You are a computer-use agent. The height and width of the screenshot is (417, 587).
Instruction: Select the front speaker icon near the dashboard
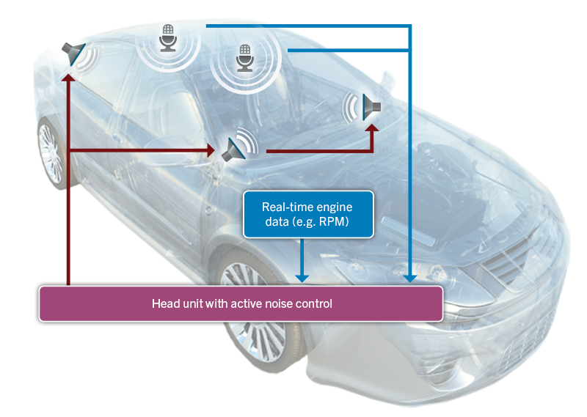(371, 108)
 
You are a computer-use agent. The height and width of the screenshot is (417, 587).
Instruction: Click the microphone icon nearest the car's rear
(169, 37)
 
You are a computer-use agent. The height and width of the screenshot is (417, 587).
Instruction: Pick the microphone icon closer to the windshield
(244, 58)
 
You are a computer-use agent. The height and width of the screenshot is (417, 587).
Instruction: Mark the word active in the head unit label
(240, 303)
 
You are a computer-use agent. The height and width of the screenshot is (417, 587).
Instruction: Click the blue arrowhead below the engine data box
(301, 278)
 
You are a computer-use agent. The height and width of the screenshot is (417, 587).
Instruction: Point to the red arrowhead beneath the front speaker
(373, 129)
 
